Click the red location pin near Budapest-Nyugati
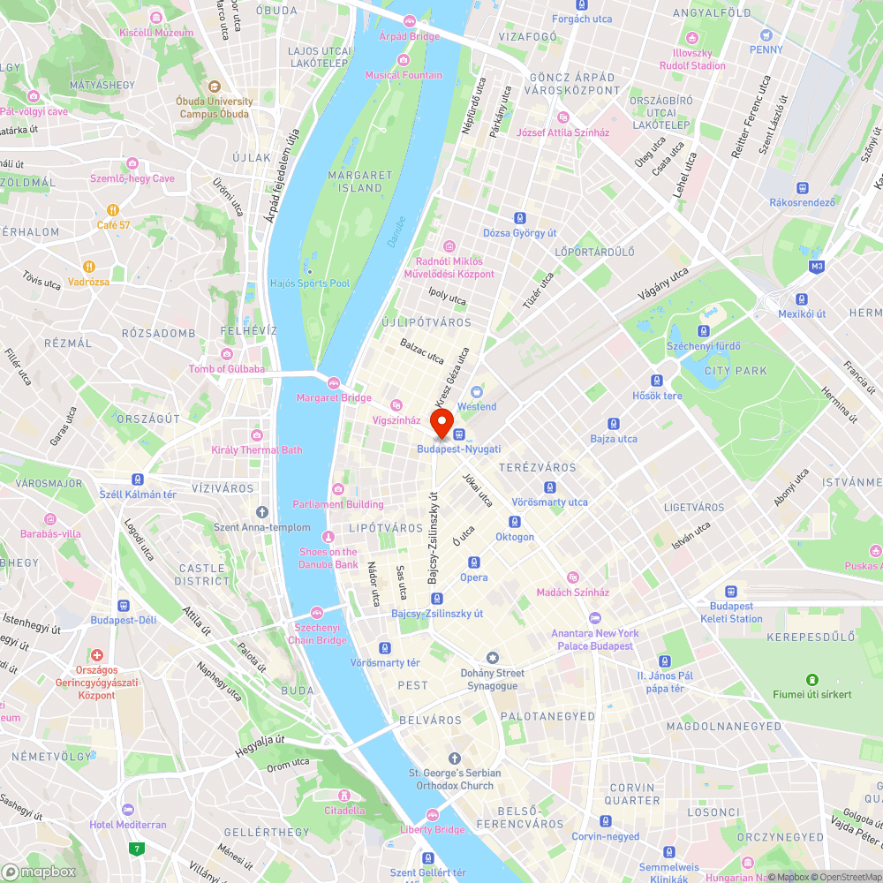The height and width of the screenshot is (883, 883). [x=441, y=420]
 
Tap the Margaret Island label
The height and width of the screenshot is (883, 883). [x=360, y=182]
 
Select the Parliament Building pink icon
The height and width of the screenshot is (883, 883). [x=337, y=489]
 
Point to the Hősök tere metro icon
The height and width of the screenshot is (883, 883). [x=657, y=381]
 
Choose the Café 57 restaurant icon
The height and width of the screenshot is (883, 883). [x=113, y=210]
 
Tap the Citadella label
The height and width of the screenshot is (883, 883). [x=344, y=810]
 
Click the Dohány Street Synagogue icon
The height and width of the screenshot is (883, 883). [x=493, y=658]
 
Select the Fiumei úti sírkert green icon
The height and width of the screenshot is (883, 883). [x=811, y=679]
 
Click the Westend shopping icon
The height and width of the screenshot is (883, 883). [x=477, y=392]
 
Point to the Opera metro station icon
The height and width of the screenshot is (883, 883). [x=474, y=562]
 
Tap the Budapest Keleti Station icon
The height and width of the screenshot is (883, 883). [x=731, y=592]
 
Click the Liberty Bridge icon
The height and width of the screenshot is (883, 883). [x=433, y=815]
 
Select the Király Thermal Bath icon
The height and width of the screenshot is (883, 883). [x=256, y=435]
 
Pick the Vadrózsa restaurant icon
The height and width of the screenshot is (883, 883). [x=89, y=267]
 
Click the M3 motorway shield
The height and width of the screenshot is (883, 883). [x=815, y=266]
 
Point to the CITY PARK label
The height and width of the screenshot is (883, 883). [x=736, y=371]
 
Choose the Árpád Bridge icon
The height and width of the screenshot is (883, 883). [x=409, y=21]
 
